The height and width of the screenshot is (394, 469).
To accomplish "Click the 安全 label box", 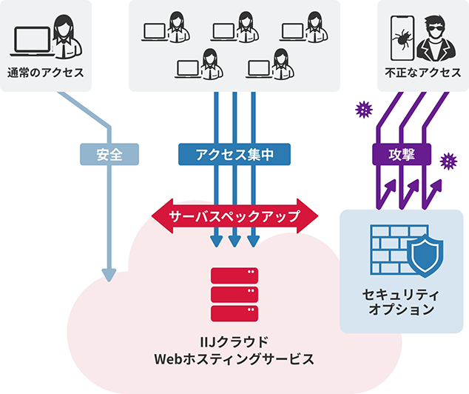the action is (109, 154).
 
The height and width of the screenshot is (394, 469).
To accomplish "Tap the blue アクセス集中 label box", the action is (234, 154).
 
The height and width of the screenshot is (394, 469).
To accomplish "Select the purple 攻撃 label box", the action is (402, 154).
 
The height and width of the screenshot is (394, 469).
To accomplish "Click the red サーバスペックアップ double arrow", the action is (234, 216).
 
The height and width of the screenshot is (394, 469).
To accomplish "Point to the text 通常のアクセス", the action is (45, 73).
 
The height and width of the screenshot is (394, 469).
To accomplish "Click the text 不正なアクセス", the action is (423, 73).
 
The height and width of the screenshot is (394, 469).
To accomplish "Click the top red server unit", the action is (234, 276).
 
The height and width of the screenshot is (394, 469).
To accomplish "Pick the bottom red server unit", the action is (234, 313).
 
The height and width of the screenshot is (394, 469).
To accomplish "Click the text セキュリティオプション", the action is (401, 301).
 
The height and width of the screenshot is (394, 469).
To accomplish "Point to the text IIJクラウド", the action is (234, 342).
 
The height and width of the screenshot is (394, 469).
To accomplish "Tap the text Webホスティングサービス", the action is (234, 359).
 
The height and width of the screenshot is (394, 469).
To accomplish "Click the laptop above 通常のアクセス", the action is (32, 41).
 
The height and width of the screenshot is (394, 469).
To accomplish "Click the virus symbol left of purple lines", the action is (364, 110).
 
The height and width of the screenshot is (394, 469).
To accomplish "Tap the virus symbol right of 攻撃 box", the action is (448, 161).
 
